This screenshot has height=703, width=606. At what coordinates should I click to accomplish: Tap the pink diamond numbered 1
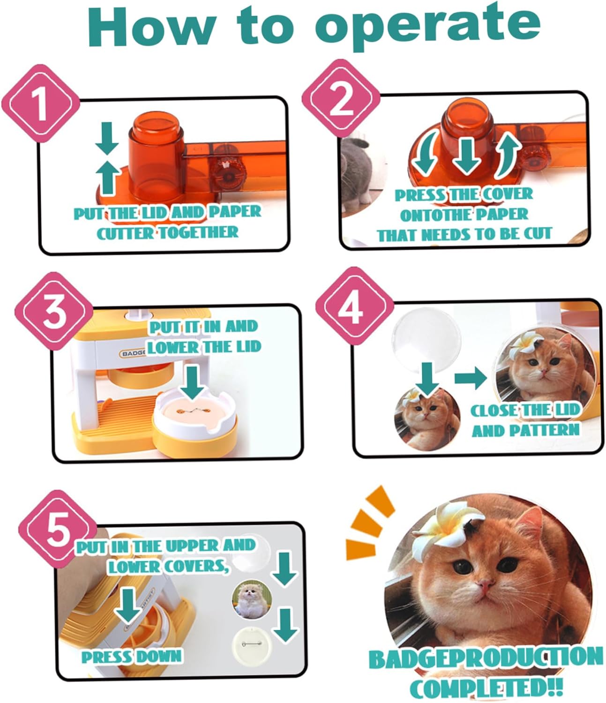pyautogui.click(x=41, y=103)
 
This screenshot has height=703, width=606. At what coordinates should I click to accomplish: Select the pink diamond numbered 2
pyautogui.click(x=341, y=98)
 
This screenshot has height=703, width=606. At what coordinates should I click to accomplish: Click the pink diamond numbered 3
pyautogui.click(x=54, y=311)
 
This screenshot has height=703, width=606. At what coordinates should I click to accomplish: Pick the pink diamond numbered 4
pyautogui.click(x=355, y=306)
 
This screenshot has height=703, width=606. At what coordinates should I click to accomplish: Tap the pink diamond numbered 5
pyautogui.click(x=58, y=529)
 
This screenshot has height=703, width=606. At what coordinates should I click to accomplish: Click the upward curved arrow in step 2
pyautogui.click(x=506, y=155)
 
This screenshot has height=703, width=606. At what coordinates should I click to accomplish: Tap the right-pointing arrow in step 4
pyautogui.click(x=471, y=378)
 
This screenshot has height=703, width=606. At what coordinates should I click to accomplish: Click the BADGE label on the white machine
pyautogui.click(x=133, y=353)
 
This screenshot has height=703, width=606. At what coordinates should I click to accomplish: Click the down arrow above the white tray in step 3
pyautogui.click(x=193, y=382)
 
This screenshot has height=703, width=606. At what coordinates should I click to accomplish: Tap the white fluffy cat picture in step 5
pyautogui.click(x=252, y=600)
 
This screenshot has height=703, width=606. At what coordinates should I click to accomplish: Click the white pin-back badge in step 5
pyautogui.click(x=252, y=645)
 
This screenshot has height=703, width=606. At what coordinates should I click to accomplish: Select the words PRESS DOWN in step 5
pyautogui.click(x=132, y=657)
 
